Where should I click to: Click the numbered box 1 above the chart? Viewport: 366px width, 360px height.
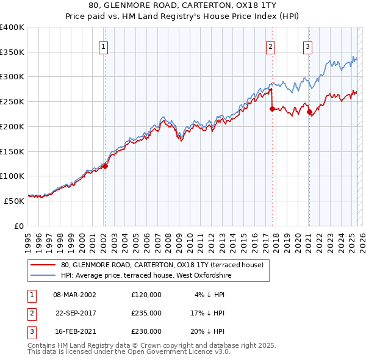(x=104, y=46)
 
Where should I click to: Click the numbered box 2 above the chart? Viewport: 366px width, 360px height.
(x=270, y=46)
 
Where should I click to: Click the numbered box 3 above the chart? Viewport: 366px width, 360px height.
(x=308, y=46)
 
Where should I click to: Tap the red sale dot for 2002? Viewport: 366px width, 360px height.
(x=105, y=165)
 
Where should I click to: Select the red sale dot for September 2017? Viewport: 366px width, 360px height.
(x=272, y=109)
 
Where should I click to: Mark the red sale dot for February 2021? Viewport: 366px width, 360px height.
(x=309, y=112)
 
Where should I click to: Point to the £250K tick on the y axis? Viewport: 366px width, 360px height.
(x=12, y=101)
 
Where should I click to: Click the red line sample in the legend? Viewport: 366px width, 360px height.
(x=43, y=265)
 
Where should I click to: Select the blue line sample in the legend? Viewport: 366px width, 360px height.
(x=43, y=275)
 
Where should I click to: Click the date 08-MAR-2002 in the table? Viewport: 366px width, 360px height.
(x=74, y=295)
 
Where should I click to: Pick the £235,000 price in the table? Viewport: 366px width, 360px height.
(x=146, y=313)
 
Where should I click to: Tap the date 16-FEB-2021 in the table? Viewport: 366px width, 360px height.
(x=74, y=331)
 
